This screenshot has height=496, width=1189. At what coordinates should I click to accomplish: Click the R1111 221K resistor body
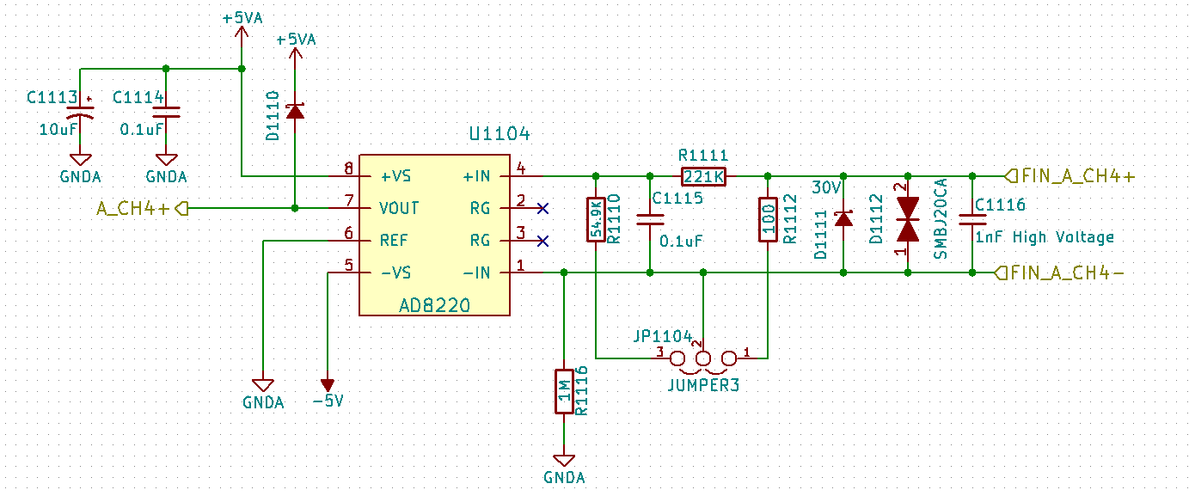tap(703, 176)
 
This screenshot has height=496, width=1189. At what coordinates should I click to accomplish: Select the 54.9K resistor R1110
tap(595, 220)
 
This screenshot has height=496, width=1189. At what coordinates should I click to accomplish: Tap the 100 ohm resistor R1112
tap(767, 220)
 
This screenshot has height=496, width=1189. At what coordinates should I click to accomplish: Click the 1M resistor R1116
tap(563, 391)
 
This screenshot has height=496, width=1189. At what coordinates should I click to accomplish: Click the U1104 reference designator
tap(500, 135)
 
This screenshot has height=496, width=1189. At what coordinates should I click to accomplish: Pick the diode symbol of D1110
tap(295, 111)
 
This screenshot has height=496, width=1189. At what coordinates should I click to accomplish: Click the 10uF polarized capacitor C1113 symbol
tap(81, 113)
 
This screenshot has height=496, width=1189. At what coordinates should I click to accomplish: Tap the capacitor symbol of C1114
tap(166, 112)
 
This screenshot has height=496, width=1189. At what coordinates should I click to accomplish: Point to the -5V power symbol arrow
tap(327, 383)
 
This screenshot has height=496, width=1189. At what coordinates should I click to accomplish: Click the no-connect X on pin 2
tap(542, 208)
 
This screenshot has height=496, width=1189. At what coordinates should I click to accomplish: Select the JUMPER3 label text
tap(703, 386)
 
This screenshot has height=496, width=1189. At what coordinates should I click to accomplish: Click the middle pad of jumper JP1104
tap(703, 358)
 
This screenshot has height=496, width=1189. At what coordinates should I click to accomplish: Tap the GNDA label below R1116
tap(564, 477)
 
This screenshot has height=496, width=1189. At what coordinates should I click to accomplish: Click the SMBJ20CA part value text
tap(941, 220)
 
